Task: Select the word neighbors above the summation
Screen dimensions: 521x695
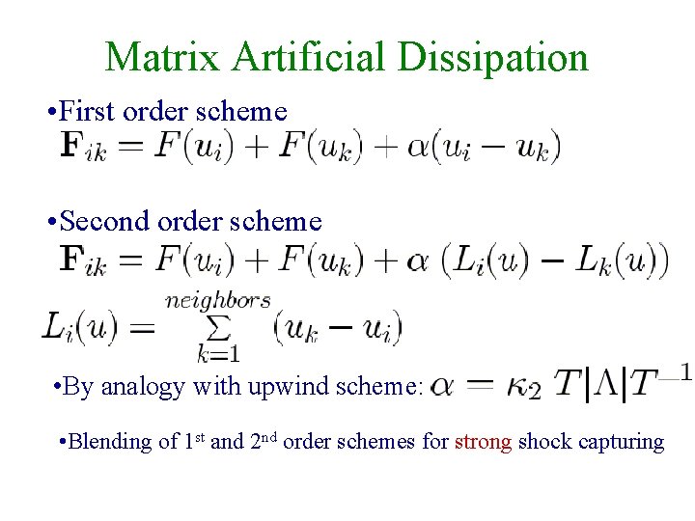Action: pyautogui.click(x=217, y=300)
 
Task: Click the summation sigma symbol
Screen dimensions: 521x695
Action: pyautogui.click(x=218, y=329)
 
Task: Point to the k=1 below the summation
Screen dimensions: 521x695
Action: pyautogui.click(x=218, y=354)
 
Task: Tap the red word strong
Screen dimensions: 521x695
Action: pyautogui.click(x=484, y=442)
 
